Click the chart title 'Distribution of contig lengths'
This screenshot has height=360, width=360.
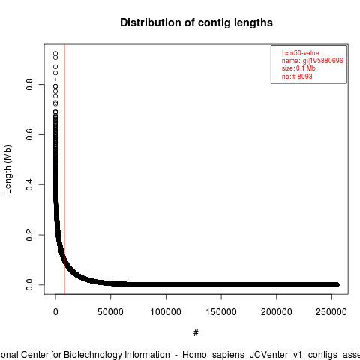(196, 22)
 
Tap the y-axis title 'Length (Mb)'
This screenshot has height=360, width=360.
(7, 169)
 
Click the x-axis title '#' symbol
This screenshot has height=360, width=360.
(196, 333)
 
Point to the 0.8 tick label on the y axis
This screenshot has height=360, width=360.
(29, 84)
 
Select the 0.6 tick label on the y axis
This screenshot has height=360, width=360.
(29, 134)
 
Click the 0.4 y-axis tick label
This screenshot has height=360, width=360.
(29, 184)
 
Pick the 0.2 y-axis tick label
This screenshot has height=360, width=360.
(29, 235)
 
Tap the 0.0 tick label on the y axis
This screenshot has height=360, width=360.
(29, 285)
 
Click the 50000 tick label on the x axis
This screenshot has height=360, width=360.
(110, 312)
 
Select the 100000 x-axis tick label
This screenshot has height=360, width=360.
(166, 312)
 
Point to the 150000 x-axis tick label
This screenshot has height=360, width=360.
(221, 312)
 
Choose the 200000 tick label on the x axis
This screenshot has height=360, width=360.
(276, 312)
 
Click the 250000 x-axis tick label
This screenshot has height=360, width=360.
(331, 312)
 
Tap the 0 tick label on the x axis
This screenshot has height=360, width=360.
(55, 312)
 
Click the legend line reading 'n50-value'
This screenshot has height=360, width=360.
(301, 53)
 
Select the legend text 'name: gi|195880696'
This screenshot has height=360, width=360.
(313, 61)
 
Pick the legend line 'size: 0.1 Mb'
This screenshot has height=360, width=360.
(298, 68)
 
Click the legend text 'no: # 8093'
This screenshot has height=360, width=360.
(297, 76)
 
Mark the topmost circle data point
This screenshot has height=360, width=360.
(55, 53)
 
